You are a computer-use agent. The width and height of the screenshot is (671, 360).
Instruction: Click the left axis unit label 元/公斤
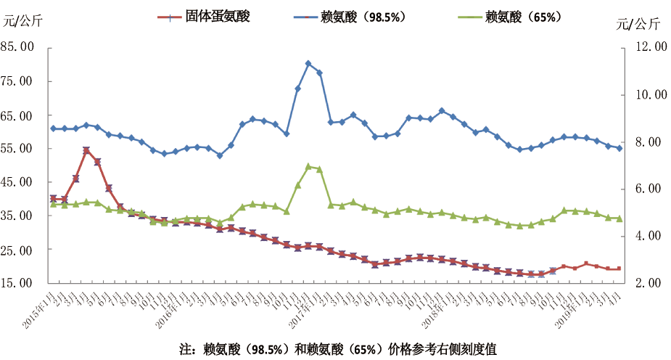click(22, 21)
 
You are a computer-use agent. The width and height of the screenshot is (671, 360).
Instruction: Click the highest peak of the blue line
click(308, 64)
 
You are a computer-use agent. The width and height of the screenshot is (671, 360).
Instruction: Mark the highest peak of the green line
click(308, 166)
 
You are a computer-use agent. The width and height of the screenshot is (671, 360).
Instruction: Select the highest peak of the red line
click(86, 150)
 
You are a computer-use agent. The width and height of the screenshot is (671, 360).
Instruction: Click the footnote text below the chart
click(338, 348)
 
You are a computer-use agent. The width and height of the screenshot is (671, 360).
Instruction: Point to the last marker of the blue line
click(619, 148)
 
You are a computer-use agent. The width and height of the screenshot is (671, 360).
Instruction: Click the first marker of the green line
click(53, 205)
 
